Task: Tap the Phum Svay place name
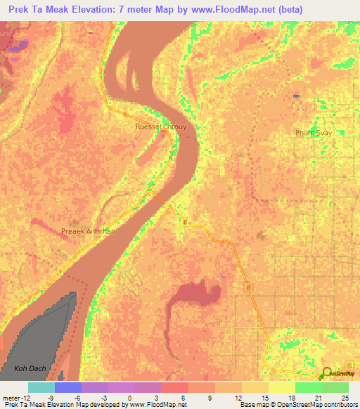[313, 132]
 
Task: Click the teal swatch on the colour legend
[41, 387]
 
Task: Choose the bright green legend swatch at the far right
[335, 387]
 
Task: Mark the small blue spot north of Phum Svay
[297, 96]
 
